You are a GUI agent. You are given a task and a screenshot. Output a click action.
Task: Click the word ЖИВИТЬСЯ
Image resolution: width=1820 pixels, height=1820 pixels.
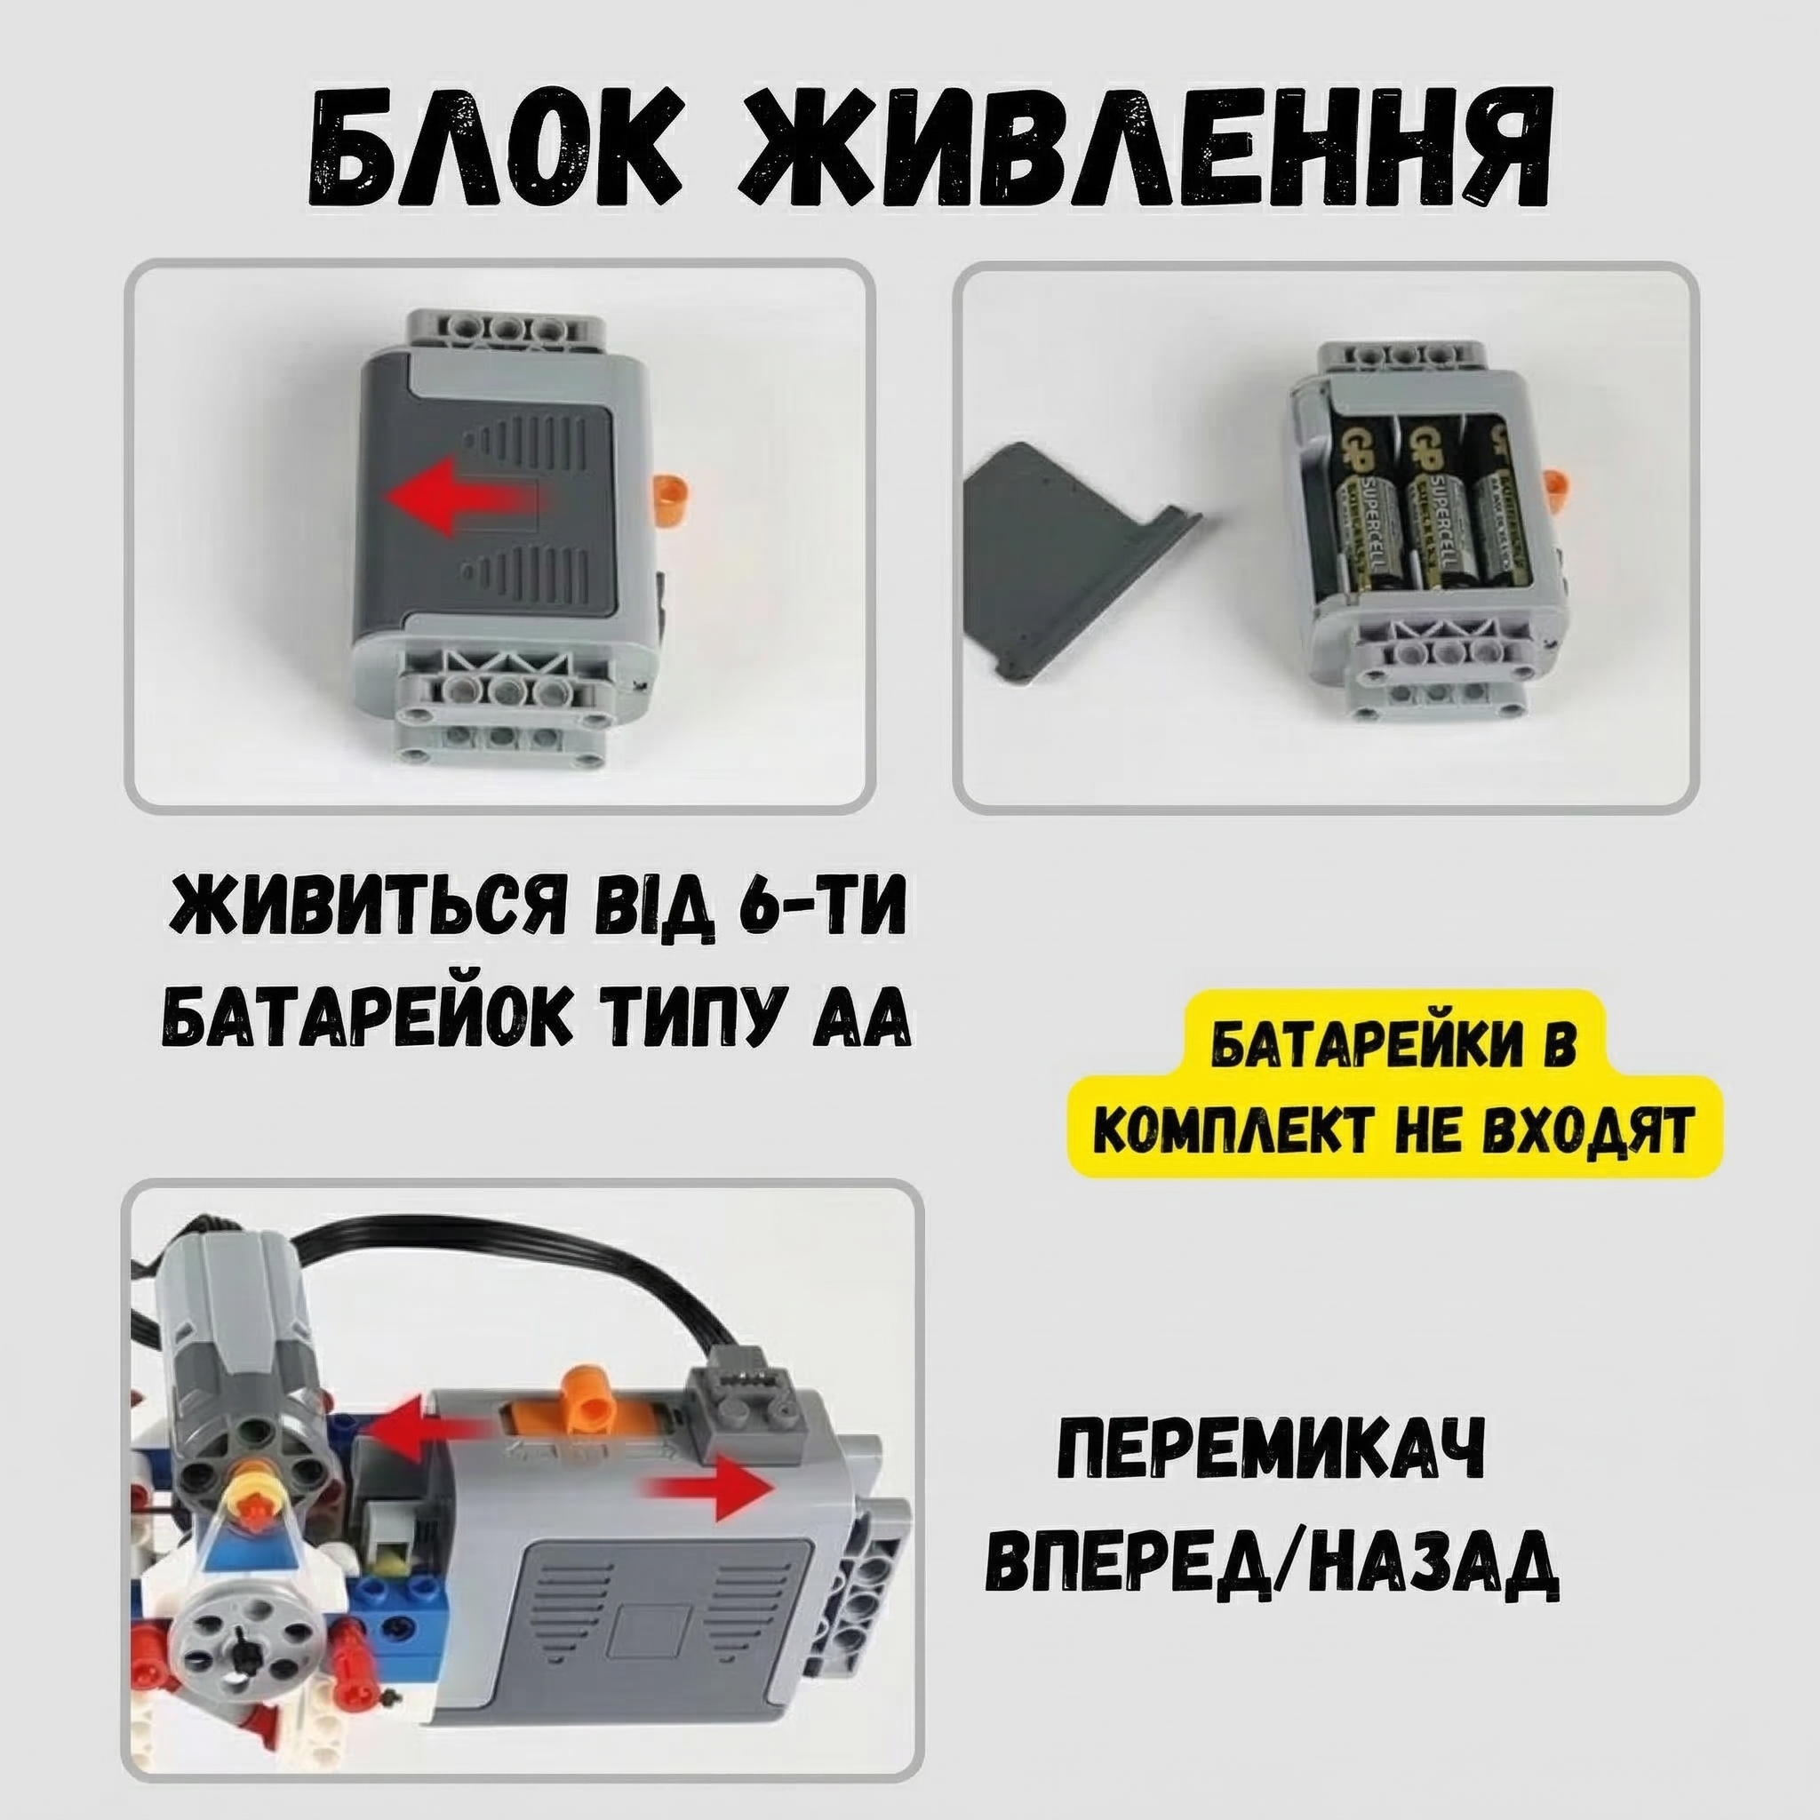357,905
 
